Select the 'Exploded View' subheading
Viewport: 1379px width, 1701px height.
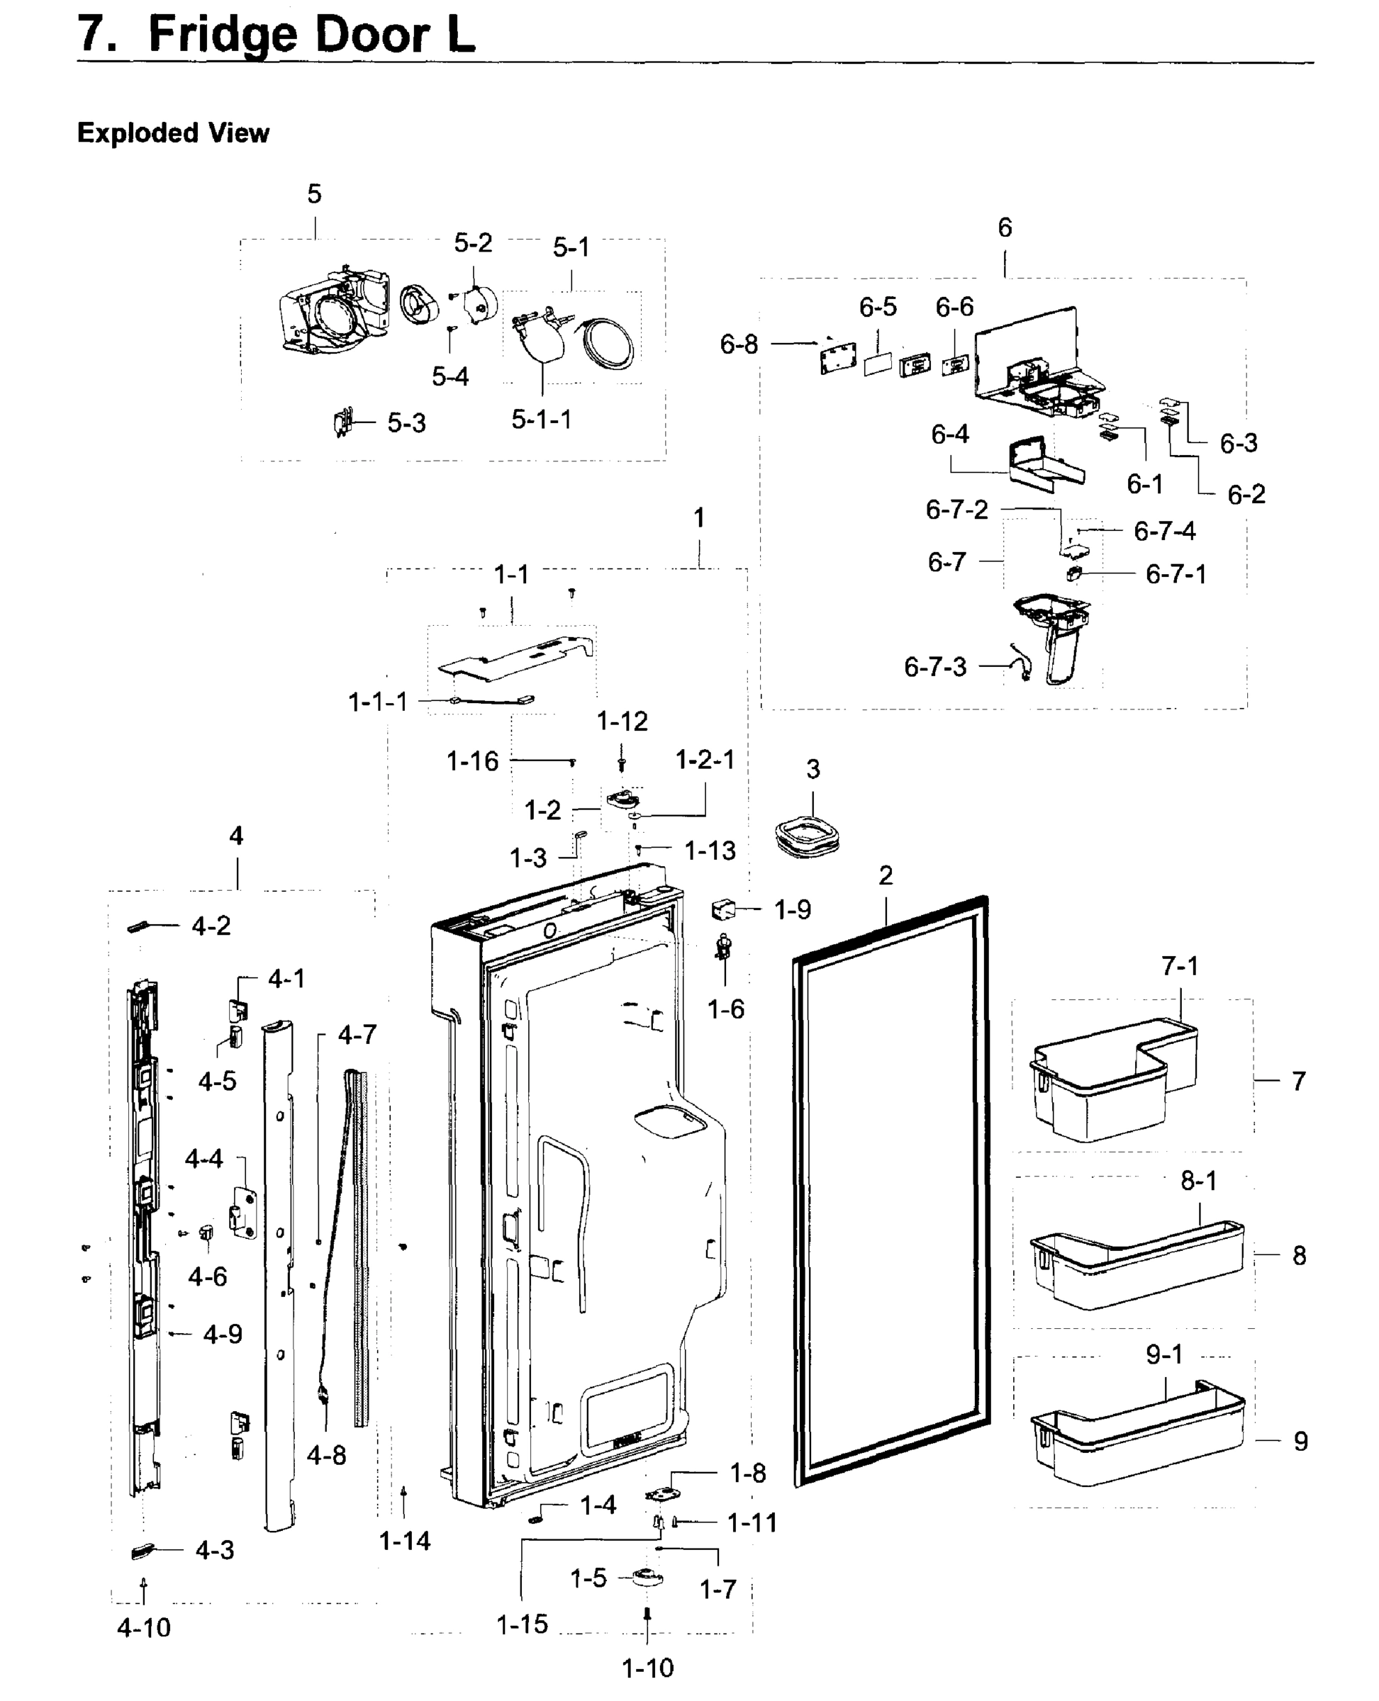click(172, 133)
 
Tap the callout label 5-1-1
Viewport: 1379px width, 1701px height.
click(541, 420)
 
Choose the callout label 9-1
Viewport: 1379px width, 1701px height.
click(1163, 1354)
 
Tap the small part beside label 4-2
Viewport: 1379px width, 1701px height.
click(138, 927)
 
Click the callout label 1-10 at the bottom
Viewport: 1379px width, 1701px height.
click(647, 1668)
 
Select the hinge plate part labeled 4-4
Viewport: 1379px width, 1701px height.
click(243, 1213)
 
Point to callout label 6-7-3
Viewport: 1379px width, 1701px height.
click(935, 666)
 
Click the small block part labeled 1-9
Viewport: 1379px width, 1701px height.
click(723, 909)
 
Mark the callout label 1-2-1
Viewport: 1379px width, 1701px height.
click(705, 760)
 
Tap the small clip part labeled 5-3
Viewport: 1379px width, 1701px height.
click(342, 422)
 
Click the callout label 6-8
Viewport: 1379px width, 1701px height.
click(739, 344)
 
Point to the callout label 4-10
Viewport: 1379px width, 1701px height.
click(144, 1627)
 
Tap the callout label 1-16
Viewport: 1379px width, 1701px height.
click(472, 762)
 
